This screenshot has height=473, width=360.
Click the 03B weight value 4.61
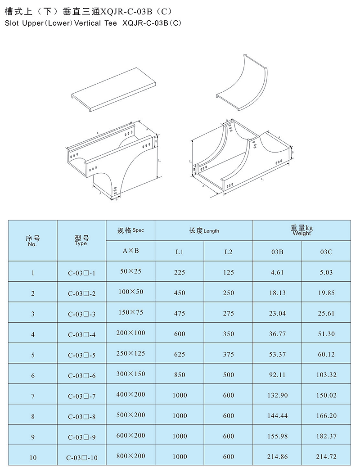277,272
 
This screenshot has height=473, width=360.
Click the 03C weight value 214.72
326,456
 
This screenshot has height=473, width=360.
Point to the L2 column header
228,252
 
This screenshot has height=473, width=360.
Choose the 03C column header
326,252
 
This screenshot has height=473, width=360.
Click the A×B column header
131,251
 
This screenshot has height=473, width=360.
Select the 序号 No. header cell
33,241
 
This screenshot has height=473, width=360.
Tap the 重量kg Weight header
301,230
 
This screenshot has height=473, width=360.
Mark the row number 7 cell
33,396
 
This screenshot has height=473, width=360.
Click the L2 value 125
228,272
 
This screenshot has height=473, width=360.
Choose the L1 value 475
179,313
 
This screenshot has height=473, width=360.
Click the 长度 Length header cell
204,230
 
